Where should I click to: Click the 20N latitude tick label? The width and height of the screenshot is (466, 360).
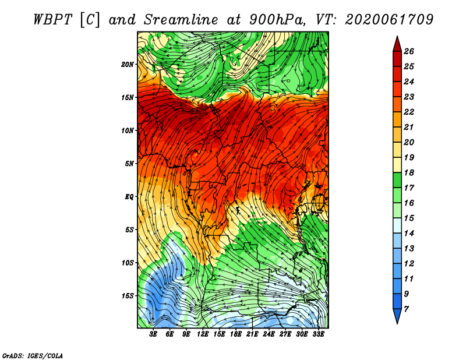(127, 64)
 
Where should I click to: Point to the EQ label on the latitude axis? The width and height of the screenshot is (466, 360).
(129, 196)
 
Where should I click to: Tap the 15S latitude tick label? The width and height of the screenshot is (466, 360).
(127, 296)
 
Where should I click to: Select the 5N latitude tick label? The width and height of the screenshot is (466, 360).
(129, 164)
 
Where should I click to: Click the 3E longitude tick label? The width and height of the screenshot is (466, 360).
(153, 334)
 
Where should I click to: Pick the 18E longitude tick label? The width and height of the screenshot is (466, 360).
(236, 334)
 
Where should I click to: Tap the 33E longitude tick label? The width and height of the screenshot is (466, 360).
(318, 334)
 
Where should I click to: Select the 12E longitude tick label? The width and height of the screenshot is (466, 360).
(203, 334)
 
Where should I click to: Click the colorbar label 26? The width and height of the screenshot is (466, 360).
(409, 51)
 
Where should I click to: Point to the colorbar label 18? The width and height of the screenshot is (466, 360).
(409, 172)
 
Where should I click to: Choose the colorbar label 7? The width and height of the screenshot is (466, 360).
(406, 309)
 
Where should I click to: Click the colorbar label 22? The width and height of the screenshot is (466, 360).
(409, 112)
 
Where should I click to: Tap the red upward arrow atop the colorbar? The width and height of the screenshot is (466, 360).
(397, 44)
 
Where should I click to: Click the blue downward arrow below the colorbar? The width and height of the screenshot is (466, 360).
(397, 316)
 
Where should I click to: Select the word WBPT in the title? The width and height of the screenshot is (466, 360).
(52, 20)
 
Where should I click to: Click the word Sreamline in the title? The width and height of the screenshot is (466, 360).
(181, 20)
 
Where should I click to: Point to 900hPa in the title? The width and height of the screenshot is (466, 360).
(277, 20)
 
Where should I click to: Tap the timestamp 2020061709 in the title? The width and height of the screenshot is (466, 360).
(389, 20)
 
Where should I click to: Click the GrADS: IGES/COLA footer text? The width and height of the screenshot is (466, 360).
(33, 356)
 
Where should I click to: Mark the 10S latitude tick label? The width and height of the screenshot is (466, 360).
(127, 263)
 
